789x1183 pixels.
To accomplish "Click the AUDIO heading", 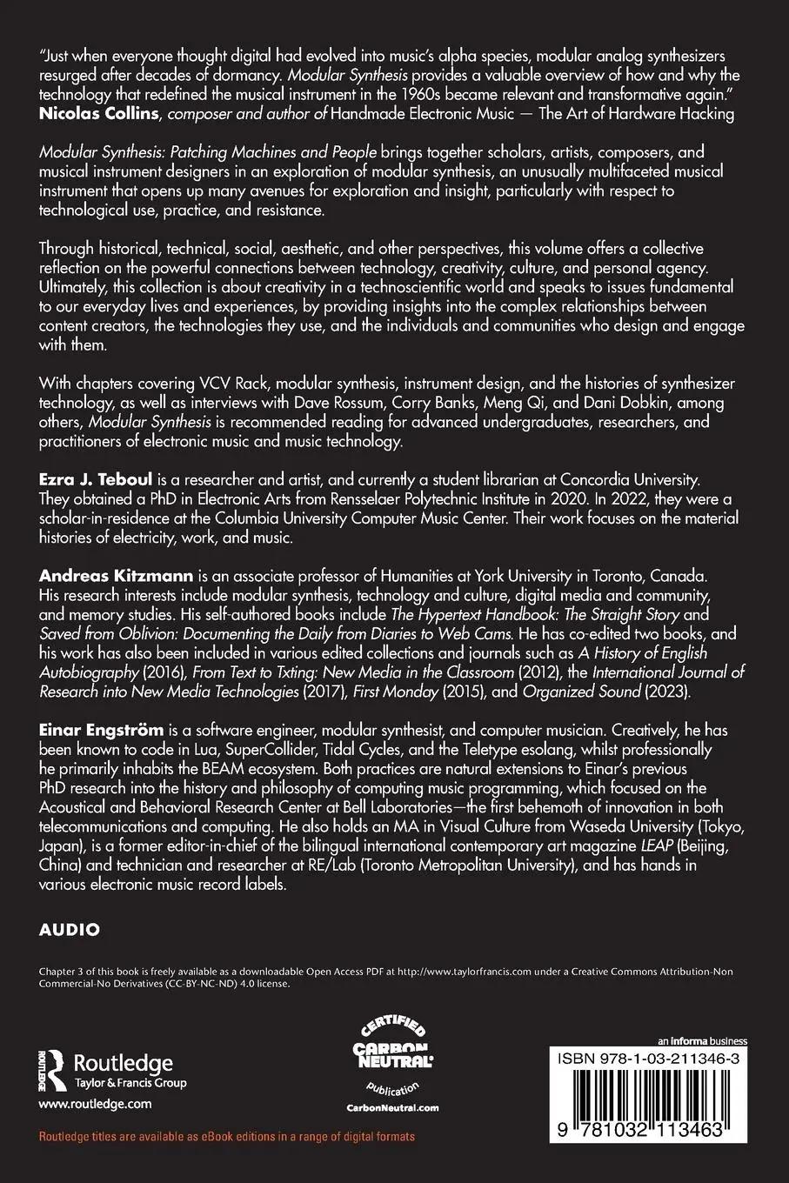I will tap(70, 929).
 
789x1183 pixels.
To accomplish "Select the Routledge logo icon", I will tap(54, 1072).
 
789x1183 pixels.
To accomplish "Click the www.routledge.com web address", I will tap(96, 1104).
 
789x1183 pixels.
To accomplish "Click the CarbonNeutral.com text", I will tap(393, 1107).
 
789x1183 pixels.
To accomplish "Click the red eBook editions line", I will tap(227, 1137).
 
